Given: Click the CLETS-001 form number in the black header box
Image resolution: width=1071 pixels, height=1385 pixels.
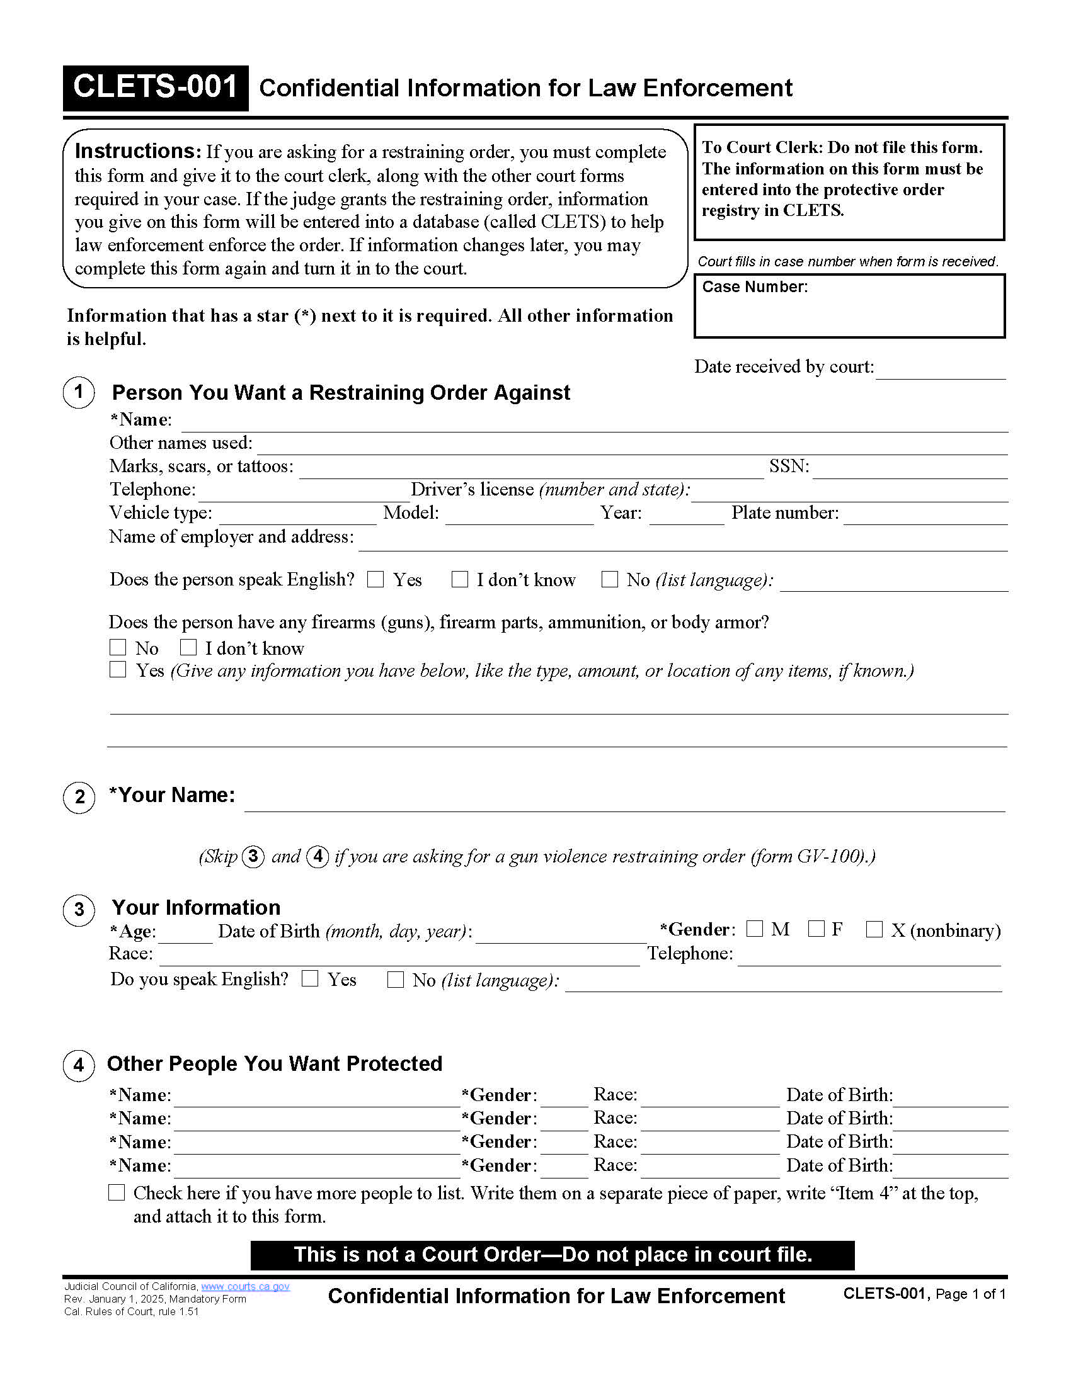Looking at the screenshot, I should point(155,87).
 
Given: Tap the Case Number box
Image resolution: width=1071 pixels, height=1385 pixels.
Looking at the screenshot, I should point(849,307).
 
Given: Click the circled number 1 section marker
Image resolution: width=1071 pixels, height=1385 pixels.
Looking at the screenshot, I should point(79,393).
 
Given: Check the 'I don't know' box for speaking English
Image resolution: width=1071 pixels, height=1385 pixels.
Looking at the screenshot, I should point(459,579).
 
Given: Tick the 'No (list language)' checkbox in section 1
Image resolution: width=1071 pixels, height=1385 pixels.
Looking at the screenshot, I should point(609,579).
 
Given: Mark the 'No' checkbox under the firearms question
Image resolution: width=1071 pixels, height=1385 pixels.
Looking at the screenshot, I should point(118,647).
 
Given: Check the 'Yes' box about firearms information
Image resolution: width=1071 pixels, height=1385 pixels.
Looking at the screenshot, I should point(118,670).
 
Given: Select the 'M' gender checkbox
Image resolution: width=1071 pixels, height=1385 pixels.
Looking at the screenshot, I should point(754,929).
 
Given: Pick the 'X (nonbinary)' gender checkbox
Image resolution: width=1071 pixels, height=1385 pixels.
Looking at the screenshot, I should point(874,929).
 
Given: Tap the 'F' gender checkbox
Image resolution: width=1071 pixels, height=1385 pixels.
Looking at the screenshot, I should point(816,929).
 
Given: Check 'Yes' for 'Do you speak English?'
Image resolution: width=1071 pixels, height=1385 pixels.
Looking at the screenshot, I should point(309,978).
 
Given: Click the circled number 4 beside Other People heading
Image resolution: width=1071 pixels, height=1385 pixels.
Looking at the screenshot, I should point(79,1065).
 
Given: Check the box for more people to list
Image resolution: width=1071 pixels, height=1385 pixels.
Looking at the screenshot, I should point(117,1192).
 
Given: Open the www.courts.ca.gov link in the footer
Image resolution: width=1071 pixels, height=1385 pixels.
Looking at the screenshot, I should point(245,1286).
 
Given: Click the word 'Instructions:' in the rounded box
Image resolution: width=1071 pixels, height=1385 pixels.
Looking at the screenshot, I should point(138,151).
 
